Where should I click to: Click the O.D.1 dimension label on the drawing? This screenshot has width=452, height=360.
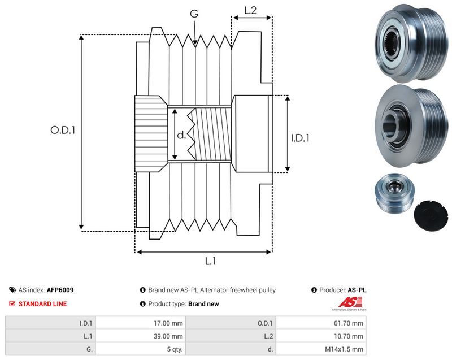pyautogui.click(x=63, y=130)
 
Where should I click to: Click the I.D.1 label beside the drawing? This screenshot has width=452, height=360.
pyautogui.click(x=301, y=138)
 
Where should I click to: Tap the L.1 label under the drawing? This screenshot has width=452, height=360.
pyautogui.click(x=210, y=261)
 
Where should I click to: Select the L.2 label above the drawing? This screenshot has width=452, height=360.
pyautogui.click(x=250, y=10)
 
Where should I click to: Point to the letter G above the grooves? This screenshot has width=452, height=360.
pyautogui.click(x=194, y=14)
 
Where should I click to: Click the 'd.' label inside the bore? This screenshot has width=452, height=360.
pyautogui.click(x=181, y=135)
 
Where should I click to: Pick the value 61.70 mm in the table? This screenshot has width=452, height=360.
pyautogui.click(x=348, y=323)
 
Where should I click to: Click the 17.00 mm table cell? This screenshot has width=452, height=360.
pyautogui.click(x=168, y=323)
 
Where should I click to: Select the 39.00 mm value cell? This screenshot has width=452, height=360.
pyautogui.click(x=168, y=336)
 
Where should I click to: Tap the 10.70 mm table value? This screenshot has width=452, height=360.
pyautogui.click(x=348, y=336)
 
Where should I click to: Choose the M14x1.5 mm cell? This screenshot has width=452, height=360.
pyautogui.click(x=344, y=349)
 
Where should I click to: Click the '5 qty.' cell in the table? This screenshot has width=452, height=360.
pyautogui.click(x=175, y=349)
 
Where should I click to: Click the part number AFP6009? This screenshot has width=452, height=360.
pyautogui.click(x=60, y=290)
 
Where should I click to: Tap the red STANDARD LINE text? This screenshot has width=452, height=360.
pyautogui.click(x=43, y=304)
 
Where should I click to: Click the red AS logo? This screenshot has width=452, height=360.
pyautogui.click(x=350, y=302)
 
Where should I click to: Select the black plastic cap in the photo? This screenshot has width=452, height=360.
pyautogui.click(x=431, y=215)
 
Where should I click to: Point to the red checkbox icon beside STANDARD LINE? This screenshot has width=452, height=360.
pyautogui.click(x=12, y=304)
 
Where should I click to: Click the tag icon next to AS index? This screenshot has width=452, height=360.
pyautogui.click(x=12, y=290)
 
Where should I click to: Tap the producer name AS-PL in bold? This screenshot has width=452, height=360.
pyautogui.click(x=357, y=290)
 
